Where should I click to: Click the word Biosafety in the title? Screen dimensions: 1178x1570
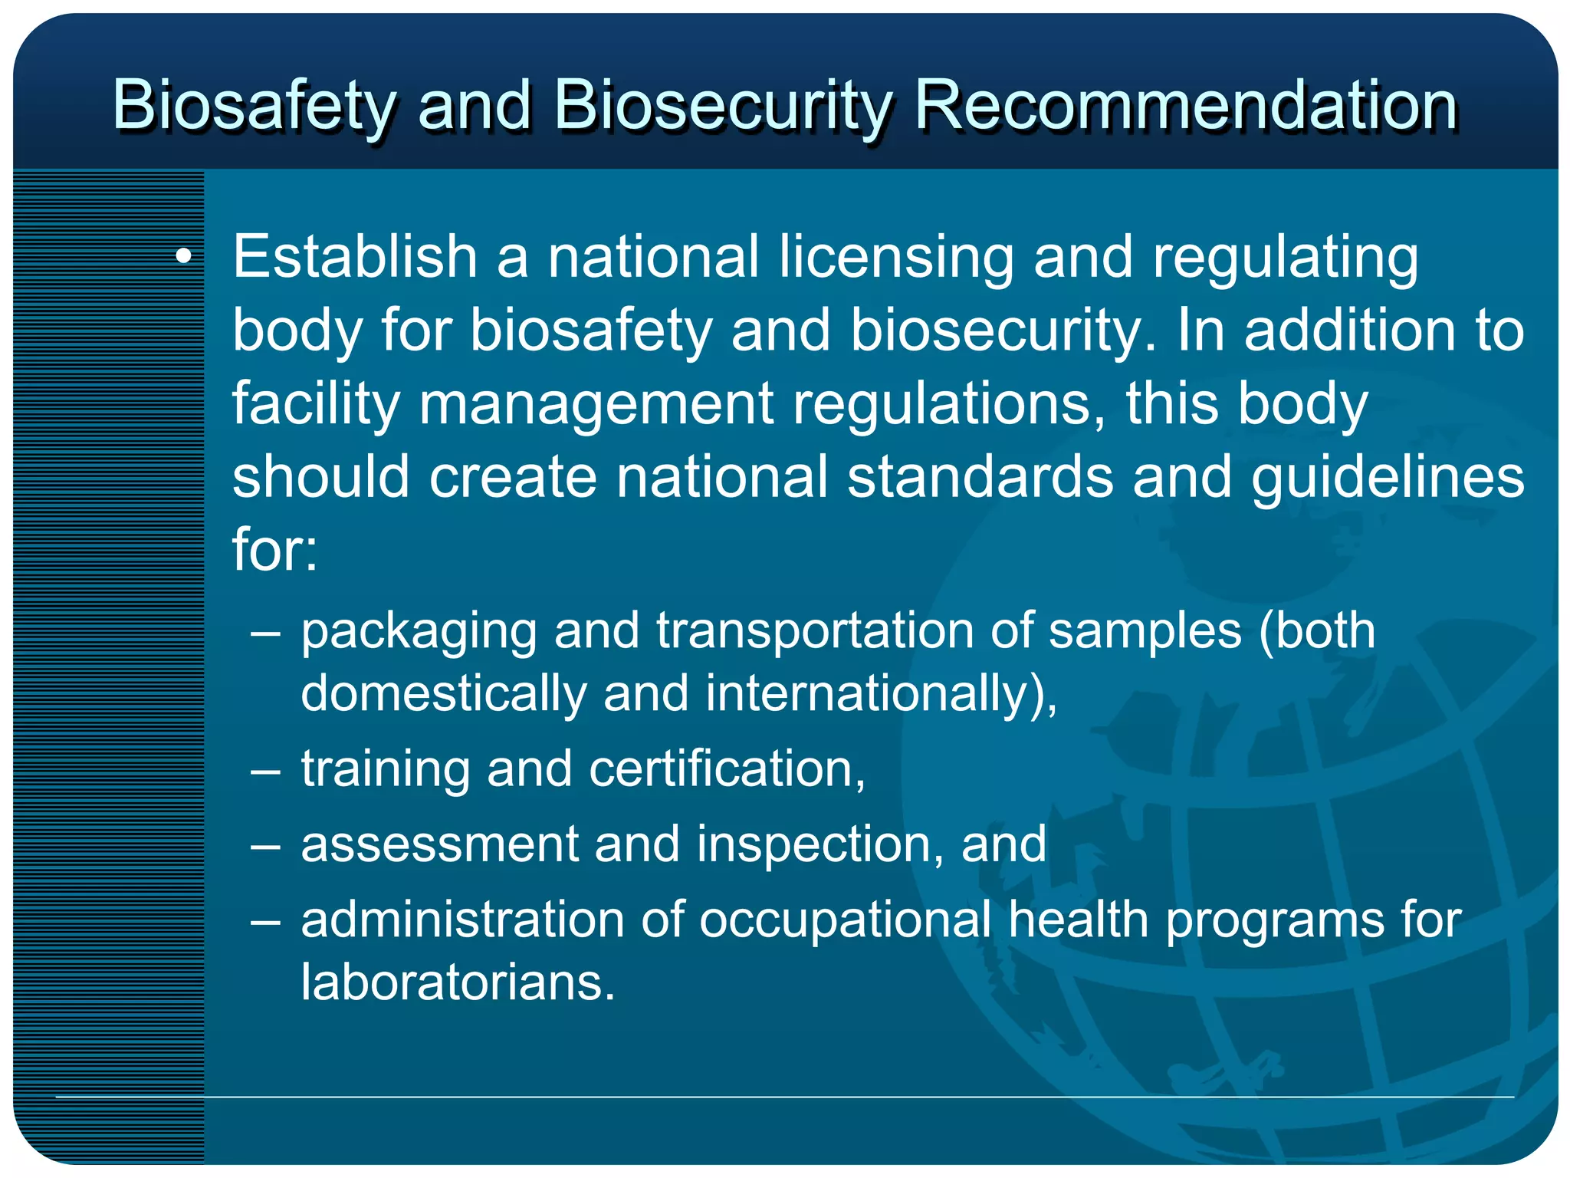[254, 106]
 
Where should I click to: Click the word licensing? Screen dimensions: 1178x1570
[896, 258]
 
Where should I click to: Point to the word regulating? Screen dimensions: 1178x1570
[1285, 258]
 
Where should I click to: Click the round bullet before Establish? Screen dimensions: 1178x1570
[183, 257]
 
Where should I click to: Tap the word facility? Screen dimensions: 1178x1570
[315, 404]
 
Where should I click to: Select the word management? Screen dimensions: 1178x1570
[596, 404]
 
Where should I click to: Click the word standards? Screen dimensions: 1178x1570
[980, 477]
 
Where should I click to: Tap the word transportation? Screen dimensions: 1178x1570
[814, 631]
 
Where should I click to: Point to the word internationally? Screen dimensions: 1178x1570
[870, 693]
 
